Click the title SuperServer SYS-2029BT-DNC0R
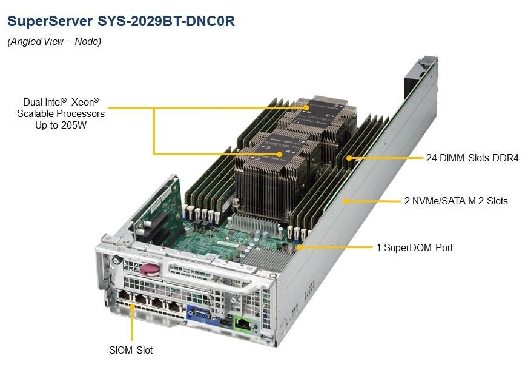click(x=121, y=21)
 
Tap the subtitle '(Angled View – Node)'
click(x=54, y=41)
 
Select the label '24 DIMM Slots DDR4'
click(x=472, y=158)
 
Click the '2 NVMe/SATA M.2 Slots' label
click(x=456, y=201)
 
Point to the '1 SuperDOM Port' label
click(x=415, y=247)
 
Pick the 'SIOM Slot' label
click(x=131, y=350)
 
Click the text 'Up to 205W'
click(x=61, y=125)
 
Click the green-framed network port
click(x=243, y=324)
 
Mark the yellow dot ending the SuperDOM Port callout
click(x=299, y=247)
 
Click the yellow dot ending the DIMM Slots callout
click(x=349, y=158)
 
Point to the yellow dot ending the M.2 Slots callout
click(x=345, y=201)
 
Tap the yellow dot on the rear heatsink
click(x=306, y=107)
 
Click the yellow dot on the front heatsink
click(x=280, y=154)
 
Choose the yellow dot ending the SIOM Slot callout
click(x=133, y=306)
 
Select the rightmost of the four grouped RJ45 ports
click(x=174, y=306)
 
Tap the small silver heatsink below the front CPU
click(x=252, y=224)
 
